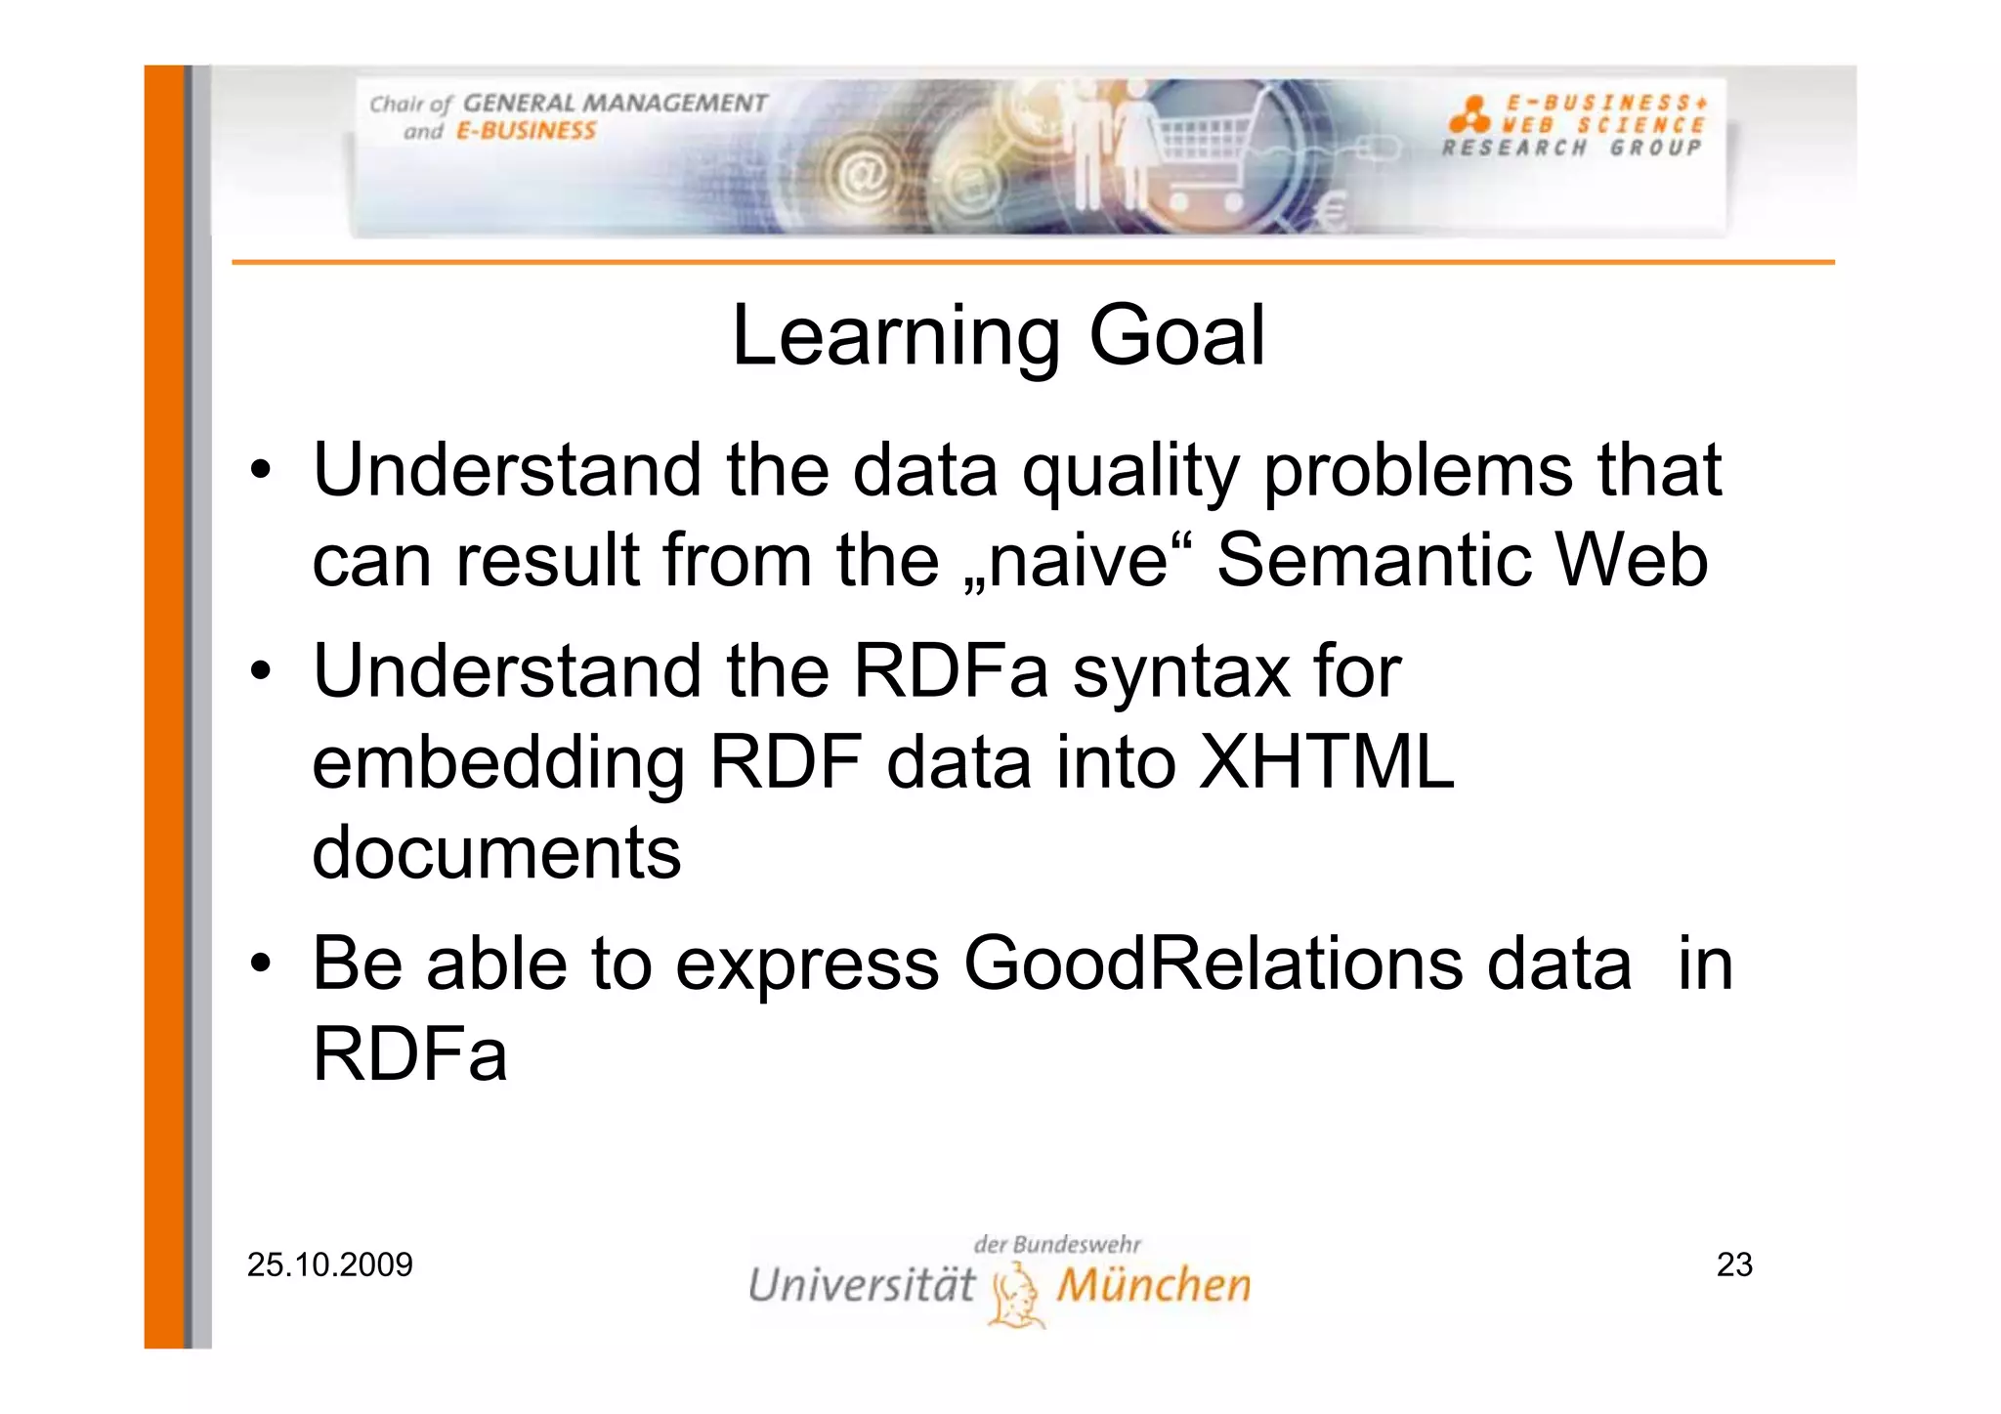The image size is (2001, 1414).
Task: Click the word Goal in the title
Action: (1176, 336)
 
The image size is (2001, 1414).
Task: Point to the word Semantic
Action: (1374, 561)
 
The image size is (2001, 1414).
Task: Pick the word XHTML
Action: (1326, 762)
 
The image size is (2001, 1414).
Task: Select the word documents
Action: (496, 852)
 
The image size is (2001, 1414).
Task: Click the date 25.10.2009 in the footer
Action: (330, 1264)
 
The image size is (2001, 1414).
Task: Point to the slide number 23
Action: (1734, 1264)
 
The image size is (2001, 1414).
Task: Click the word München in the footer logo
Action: (1153, 1285)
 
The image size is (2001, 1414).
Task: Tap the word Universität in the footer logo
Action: (861, 1285)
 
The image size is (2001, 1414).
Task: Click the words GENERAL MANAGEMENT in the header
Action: (615, 104)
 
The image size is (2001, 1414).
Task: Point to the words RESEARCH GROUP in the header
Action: (1571, 149)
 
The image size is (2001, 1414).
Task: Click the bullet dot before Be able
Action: (260, 964)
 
